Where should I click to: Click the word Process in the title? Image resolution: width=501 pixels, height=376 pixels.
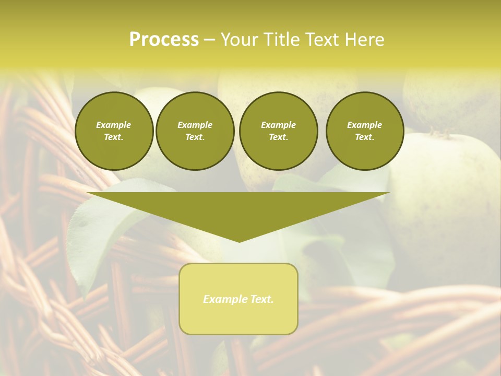click(x=164, y=40)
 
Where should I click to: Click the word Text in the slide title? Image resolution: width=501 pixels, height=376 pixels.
click(x=326, y=40)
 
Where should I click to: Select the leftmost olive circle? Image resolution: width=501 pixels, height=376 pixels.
click(x=114, y=131)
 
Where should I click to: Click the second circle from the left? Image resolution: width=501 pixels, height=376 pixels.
click(x=195, y=131)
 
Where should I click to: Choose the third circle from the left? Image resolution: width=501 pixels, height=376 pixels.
click(x=279, y=131)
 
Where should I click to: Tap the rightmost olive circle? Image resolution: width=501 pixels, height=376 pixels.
click(x=365, y=131)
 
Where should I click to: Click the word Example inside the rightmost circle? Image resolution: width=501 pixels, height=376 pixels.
click(x=365, y=125)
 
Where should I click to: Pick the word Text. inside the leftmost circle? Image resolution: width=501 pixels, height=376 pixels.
click(x=114, y=137)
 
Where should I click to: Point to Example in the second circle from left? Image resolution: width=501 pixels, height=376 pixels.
click(x=195, y=125)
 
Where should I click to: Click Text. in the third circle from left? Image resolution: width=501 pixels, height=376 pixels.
click(x=279, y=137)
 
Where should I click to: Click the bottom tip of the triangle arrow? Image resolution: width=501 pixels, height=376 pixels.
click(x=239, y=241)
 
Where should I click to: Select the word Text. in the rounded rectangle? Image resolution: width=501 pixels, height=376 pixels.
click(x=262, y=299)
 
